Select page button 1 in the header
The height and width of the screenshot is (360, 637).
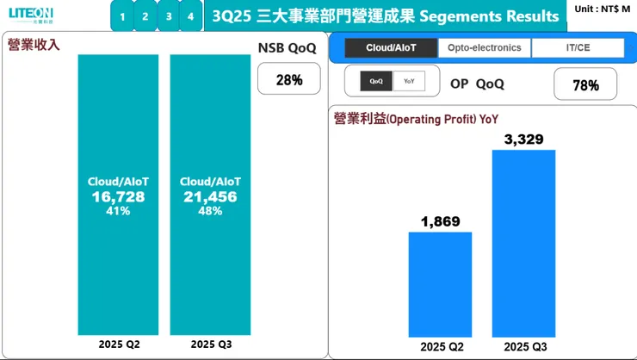tap(123, 16)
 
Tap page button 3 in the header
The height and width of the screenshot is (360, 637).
tap(168, 16)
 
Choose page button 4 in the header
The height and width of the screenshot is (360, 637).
tap(190, 16)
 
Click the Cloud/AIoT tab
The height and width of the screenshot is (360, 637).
tap(390, 48)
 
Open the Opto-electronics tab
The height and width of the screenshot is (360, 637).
tap(485, 48)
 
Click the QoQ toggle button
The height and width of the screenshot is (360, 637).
tap(376, 82)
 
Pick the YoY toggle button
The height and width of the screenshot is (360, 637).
tap(409, 82)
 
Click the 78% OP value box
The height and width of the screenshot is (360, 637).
tap(584, 85)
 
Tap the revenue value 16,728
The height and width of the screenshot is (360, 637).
tap(118, 197)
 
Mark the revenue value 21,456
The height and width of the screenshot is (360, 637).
tap(210, 197)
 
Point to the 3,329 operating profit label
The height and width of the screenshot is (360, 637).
tap(523, 140)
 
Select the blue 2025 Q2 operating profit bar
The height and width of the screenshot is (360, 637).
tap(440, 284)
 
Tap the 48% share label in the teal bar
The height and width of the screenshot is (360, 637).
tap(210, 210)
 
